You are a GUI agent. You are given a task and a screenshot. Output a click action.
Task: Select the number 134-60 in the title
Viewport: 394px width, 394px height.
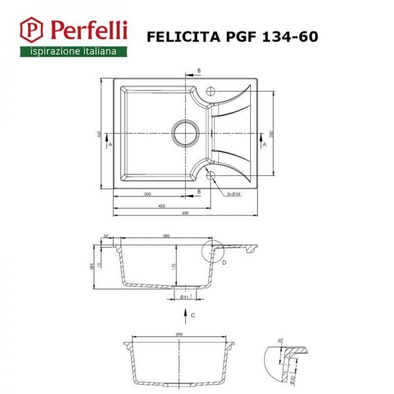pos(290,36)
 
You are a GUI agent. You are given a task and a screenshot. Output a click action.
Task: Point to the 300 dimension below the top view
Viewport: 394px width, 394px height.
pos(147,194)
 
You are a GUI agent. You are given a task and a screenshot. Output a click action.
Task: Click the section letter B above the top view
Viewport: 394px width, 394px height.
pos(199,70)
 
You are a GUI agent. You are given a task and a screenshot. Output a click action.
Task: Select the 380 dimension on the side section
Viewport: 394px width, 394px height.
pos(166,236)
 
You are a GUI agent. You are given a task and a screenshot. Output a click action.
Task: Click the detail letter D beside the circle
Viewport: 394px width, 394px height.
pos(224,263)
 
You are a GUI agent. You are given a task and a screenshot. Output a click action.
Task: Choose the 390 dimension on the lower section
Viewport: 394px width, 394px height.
pos(180,334)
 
